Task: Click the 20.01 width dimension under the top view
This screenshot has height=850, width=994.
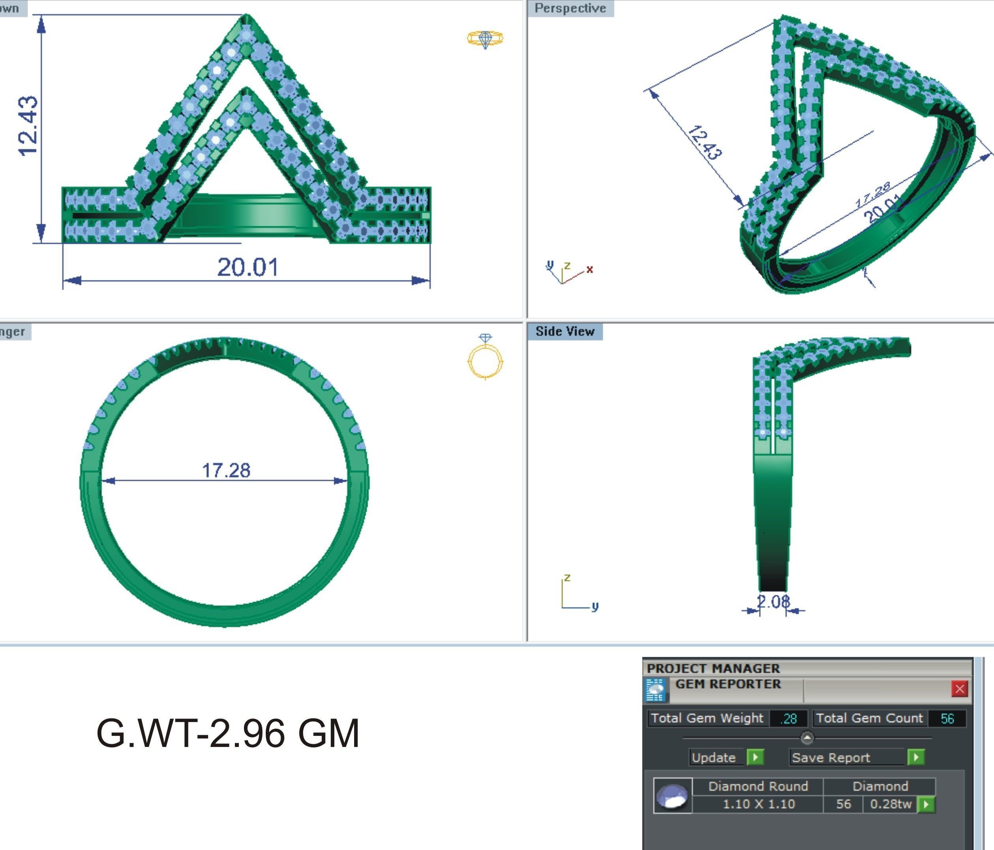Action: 248,267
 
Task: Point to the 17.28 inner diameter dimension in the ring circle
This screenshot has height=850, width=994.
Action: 226,471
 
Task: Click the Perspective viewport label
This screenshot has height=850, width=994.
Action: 570,8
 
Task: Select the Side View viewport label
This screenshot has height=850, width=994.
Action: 565,332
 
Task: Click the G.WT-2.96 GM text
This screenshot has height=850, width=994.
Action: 228,733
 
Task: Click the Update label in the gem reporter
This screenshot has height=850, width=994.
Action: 713,758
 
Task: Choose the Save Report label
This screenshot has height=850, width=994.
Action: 831,758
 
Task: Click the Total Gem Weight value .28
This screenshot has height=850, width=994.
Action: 789,719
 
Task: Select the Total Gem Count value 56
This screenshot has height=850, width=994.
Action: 947,719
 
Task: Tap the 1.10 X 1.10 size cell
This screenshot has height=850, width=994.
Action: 758,804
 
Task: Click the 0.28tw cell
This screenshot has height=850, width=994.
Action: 891,804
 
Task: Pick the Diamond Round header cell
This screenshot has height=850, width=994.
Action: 758,786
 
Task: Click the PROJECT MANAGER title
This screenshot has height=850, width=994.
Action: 713,668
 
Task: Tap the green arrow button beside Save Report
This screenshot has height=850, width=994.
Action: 916,758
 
